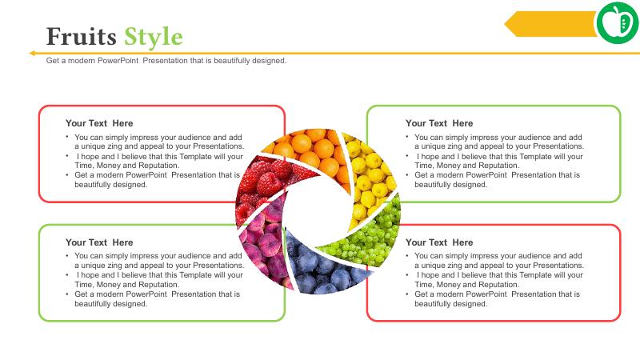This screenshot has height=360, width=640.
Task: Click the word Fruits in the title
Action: pos(82,36)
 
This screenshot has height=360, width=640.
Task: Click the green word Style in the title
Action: pos(154,38)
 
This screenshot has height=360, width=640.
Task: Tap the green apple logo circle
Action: pos(618,23)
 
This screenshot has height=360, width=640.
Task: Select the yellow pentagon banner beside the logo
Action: pos(550,24)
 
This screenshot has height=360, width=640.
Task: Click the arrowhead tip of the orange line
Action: pos(30,53)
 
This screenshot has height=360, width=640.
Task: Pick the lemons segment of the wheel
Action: pos(370,175)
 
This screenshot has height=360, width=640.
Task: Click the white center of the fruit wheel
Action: pos(318,211)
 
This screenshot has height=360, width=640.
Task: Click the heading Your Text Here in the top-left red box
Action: pos(99,123)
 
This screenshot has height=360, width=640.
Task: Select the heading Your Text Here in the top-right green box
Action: pos(439,123)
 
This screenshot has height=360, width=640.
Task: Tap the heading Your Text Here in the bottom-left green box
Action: pos(99,242)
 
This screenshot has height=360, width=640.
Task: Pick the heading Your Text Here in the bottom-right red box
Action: pos(439,242)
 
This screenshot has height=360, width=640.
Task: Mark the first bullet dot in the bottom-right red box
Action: pos(407,255)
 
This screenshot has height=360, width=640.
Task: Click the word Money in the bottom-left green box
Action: pos(108,285)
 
